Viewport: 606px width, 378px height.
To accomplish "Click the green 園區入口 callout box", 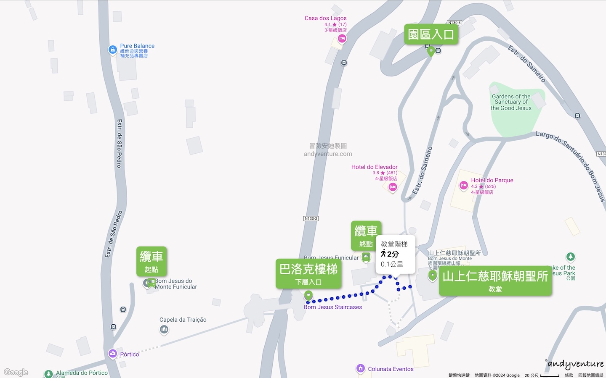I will click(431, 34).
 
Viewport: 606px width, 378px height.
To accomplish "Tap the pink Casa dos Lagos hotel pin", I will click(342, 39).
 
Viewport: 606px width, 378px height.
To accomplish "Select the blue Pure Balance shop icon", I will click(112, 50).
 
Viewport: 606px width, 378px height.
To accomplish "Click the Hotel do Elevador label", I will click(374, 167).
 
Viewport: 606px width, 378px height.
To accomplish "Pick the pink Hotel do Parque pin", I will click(463, 186).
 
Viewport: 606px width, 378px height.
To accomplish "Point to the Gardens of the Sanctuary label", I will click(511, 102).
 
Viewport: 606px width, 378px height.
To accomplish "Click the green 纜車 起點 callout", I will click(151, 261).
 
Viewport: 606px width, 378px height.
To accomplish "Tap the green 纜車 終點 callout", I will click(366, 236).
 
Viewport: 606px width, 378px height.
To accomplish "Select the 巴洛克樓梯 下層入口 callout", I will click(308, 273).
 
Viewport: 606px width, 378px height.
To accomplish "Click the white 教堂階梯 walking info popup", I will click(395, 254).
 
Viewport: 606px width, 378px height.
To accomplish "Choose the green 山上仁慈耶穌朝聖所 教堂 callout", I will click(495, 280).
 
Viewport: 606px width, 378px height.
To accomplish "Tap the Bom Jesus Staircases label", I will click(333, 307).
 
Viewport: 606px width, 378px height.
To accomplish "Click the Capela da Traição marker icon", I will click(164, 330).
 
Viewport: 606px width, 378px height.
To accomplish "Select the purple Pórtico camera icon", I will click(112, 354).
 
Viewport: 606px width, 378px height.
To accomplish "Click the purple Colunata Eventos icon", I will click(360, 369).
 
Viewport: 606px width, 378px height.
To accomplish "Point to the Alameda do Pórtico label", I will click(82, 373).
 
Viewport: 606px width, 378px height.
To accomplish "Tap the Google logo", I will click(16, 372).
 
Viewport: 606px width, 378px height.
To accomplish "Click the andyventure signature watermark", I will click(575, 364).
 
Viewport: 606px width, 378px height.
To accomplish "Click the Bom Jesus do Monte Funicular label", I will click(175, 284).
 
